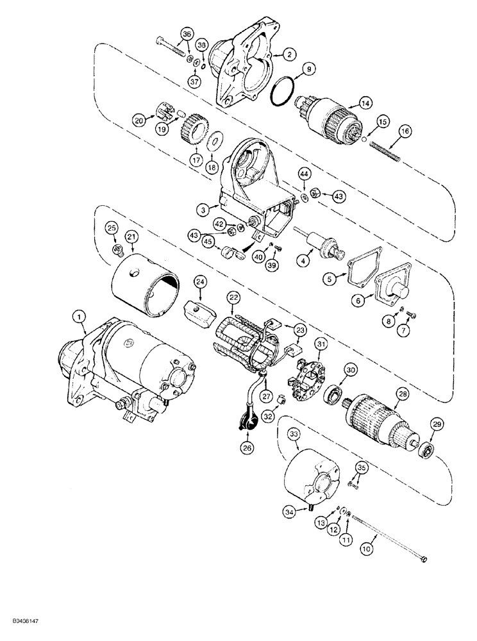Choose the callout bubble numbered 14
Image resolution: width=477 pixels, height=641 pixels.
point(365,103)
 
